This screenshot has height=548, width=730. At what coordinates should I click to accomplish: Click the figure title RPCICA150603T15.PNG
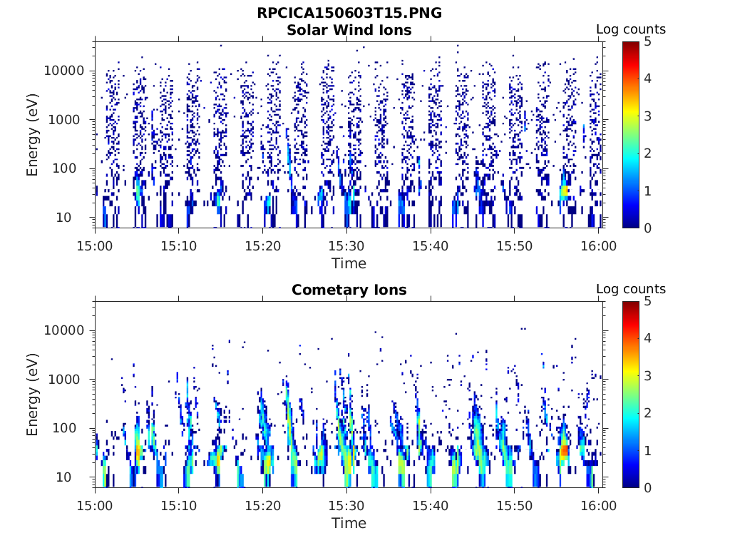coord(349,13)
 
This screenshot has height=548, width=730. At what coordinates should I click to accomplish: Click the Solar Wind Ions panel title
coord(349,30)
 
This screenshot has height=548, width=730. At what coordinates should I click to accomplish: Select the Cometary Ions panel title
coord(349,290)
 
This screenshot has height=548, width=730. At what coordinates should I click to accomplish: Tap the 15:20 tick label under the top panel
coord(263,245)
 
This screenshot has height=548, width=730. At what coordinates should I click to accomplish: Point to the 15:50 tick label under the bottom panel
coord(515,505)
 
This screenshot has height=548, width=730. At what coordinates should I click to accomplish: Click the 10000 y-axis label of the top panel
coord(64,71)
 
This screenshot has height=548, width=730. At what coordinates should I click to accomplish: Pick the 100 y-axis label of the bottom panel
coord(73,428)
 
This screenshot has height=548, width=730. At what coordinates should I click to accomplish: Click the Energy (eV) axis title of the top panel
coord(33,135)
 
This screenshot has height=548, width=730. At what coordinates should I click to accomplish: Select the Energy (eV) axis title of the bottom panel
coord(33,395)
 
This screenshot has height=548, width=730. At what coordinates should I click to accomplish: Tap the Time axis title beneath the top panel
coord(349,263)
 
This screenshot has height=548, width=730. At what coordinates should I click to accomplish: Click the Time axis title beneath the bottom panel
coord(349,523)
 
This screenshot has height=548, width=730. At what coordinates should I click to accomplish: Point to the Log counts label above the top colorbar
coord(630,29)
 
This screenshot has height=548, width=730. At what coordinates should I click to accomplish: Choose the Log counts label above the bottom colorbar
coord(630,289)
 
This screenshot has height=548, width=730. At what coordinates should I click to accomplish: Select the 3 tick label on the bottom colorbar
coord(647,375)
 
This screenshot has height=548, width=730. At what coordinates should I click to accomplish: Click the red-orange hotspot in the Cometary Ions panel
coord(564,450)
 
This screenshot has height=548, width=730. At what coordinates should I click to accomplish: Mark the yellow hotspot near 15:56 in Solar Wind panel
coord(565,191)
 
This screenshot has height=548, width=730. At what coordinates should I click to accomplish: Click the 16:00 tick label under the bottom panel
coord(599,505)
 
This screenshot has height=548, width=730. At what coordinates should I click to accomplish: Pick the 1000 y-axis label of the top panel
coord(68,119)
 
